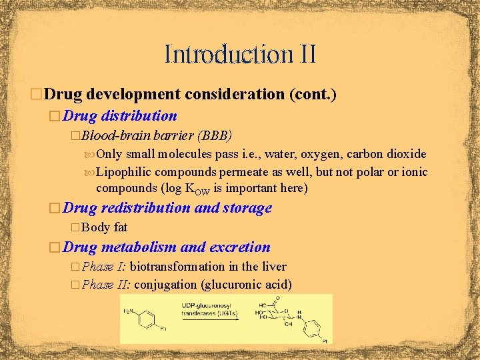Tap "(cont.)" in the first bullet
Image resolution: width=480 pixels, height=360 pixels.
click(312, 94)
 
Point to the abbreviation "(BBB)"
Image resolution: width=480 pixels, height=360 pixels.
click(215, 136)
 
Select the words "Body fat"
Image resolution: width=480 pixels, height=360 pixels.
click(105, 227)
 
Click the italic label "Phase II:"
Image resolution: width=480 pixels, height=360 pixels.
click(107, 285)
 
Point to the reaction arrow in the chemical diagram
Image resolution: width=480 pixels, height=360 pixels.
click(203, 317)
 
